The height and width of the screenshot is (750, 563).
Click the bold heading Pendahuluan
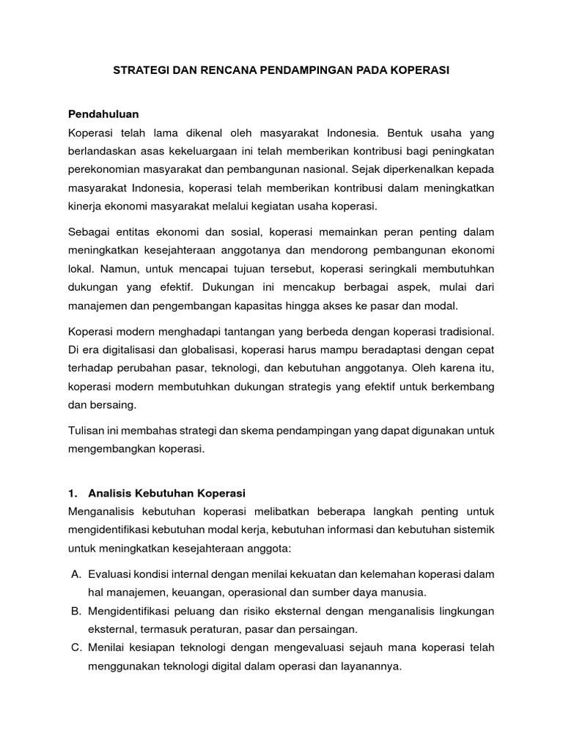[103, 114]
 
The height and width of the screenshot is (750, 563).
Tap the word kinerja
[84, 206]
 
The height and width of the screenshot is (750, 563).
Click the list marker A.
[73, 573]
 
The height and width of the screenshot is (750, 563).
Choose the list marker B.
[73, 610]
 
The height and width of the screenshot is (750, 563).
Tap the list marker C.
[73, 647]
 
